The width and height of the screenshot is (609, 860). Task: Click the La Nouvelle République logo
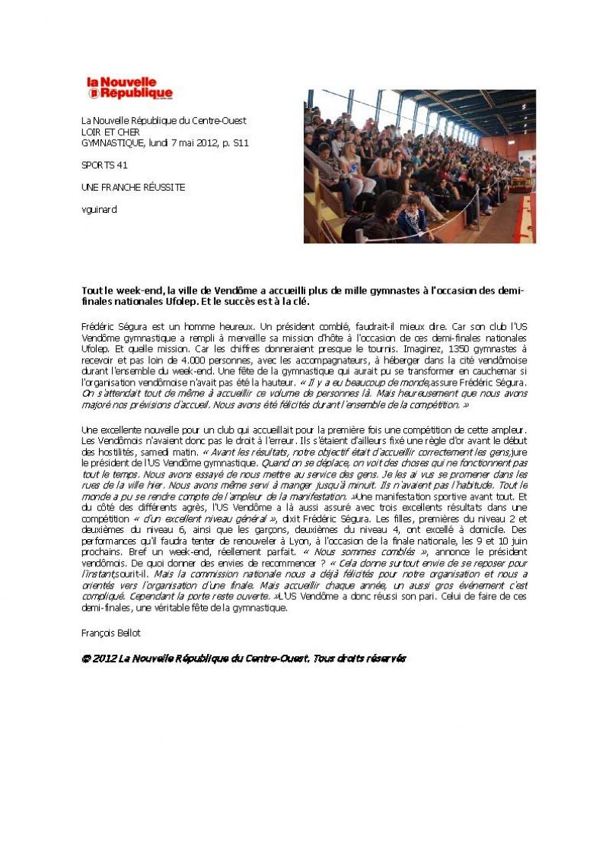129,87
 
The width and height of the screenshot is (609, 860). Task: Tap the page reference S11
241,142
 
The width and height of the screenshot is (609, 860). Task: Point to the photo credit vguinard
99,209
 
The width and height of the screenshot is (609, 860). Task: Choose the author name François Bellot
111,633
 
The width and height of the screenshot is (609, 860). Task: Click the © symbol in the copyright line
86,658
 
